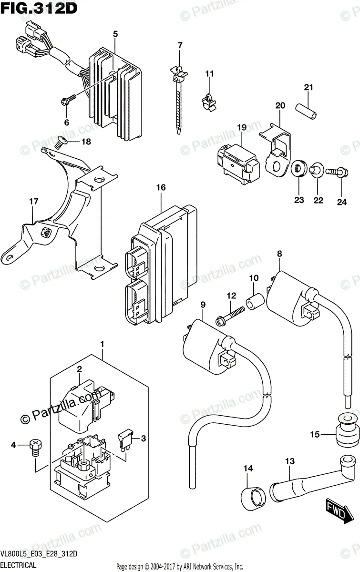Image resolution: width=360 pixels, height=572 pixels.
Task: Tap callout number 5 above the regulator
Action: [115, 34]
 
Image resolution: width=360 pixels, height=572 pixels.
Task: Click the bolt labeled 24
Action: [338, 171]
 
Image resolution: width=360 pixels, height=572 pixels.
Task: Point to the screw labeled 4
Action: [35, 448]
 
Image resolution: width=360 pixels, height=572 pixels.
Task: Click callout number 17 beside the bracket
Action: [33, 202]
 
